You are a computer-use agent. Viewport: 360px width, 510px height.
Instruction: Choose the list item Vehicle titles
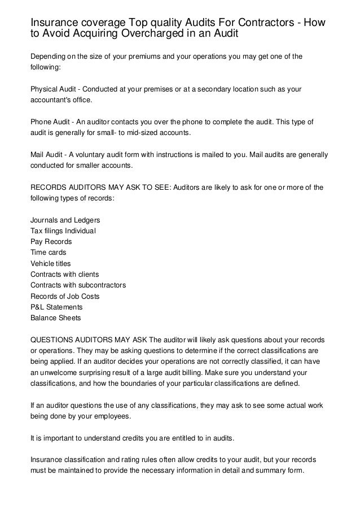point(54,263)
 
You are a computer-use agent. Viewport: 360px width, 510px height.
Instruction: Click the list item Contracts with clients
point(65,274)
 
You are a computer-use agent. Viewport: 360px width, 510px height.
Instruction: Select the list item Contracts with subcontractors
point(78,285)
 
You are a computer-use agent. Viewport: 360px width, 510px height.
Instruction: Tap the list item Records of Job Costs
point(64,296)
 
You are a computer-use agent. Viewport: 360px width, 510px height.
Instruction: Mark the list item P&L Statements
point(56,307)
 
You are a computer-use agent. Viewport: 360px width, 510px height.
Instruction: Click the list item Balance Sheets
point(55,317)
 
